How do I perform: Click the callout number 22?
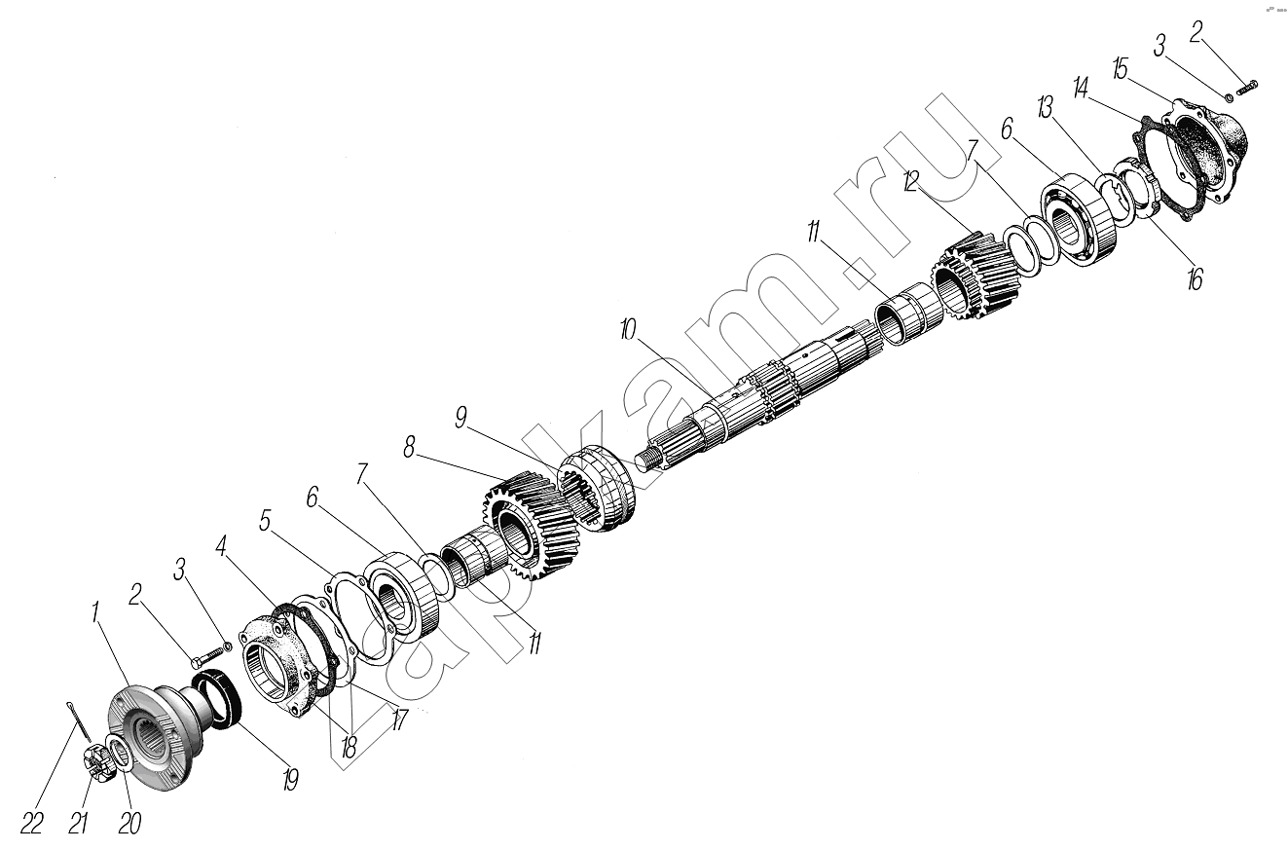31,825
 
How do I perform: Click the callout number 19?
290,780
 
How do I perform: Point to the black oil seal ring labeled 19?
217,701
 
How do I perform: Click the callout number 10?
628,330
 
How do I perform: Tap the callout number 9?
460,417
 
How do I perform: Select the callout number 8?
409,447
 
